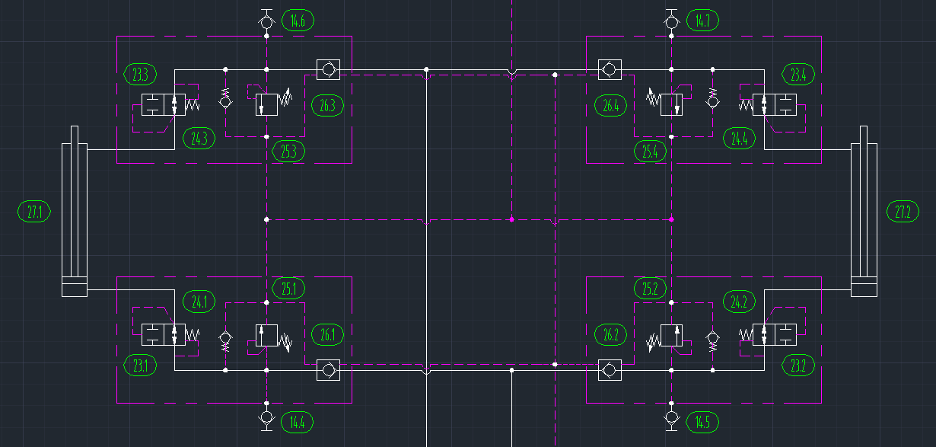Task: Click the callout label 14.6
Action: (x=298, y=21)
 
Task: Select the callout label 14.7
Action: (x=702, y=21)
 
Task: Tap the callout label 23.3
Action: (x=140, y=75)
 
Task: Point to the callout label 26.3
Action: (x=327, y=105)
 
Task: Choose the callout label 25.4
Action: (x=650, y=151)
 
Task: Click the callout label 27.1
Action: (x=34, y=212)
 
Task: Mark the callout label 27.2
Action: (x=903, y=212)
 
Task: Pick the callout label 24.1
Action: (x=199, y=302)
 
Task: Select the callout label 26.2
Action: (x=611, y=334)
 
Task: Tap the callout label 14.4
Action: (x=298, y=421)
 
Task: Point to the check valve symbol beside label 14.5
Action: (x=671, y=417)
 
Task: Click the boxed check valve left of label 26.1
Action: (x=327, y=371)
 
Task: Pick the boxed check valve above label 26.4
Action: (x=609, y=70)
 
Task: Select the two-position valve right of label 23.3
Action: (x=164, y=104)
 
